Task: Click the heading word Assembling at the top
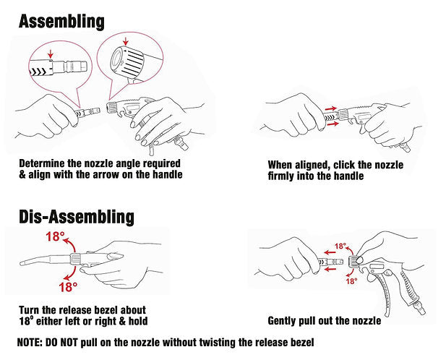tap(61, 22)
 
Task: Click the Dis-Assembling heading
tap(76, 217)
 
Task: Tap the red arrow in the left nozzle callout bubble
tap(51, 53)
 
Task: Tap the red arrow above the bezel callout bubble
tap(126, 40)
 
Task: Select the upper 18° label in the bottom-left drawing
tap(55, 236)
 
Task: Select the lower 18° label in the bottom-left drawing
tap(68, 287)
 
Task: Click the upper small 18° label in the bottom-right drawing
tap(340, 246)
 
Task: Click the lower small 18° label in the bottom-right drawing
tap(351, 281)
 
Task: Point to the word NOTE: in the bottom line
tap(30, 342)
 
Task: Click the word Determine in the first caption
tap(42, 163)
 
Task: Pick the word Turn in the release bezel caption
tap(29, 309)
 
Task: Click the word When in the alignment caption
tap(280, 165)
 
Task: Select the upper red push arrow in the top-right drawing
tap(331, 108)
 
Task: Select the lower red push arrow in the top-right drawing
tap(333, 124)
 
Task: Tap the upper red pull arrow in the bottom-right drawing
tap(330, 252)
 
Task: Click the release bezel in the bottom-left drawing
tap(75, 259)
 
